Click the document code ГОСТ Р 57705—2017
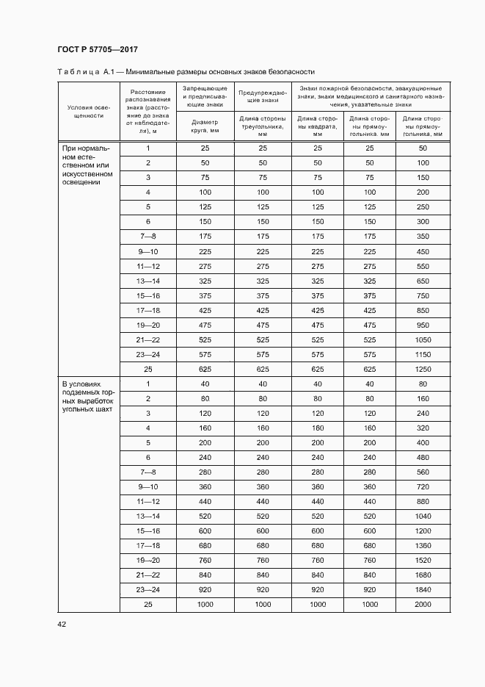tap(98, 50)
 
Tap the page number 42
tap(62, 624)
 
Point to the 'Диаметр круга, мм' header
tap(205, 126)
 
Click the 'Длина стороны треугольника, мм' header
tap(262, 126)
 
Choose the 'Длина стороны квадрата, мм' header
tap(318, 126)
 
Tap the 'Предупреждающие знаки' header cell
tap(262, 96)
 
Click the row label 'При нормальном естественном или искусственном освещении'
tap(87, 165)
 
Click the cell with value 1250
tap(423, 369)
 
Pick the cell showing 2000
tap(423, 604)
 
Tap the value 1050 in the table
tap(423, 339)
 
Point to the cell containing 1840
tap(423, 589)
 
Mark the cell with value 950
tap(423, 325)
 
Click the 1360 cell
tap(423, 545)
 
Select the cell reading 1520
tap(423, 560)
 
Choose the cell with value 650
tap(423, 281)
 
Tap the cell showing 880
tap(423, 501)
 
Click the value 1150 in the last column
tap(423, 354)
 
